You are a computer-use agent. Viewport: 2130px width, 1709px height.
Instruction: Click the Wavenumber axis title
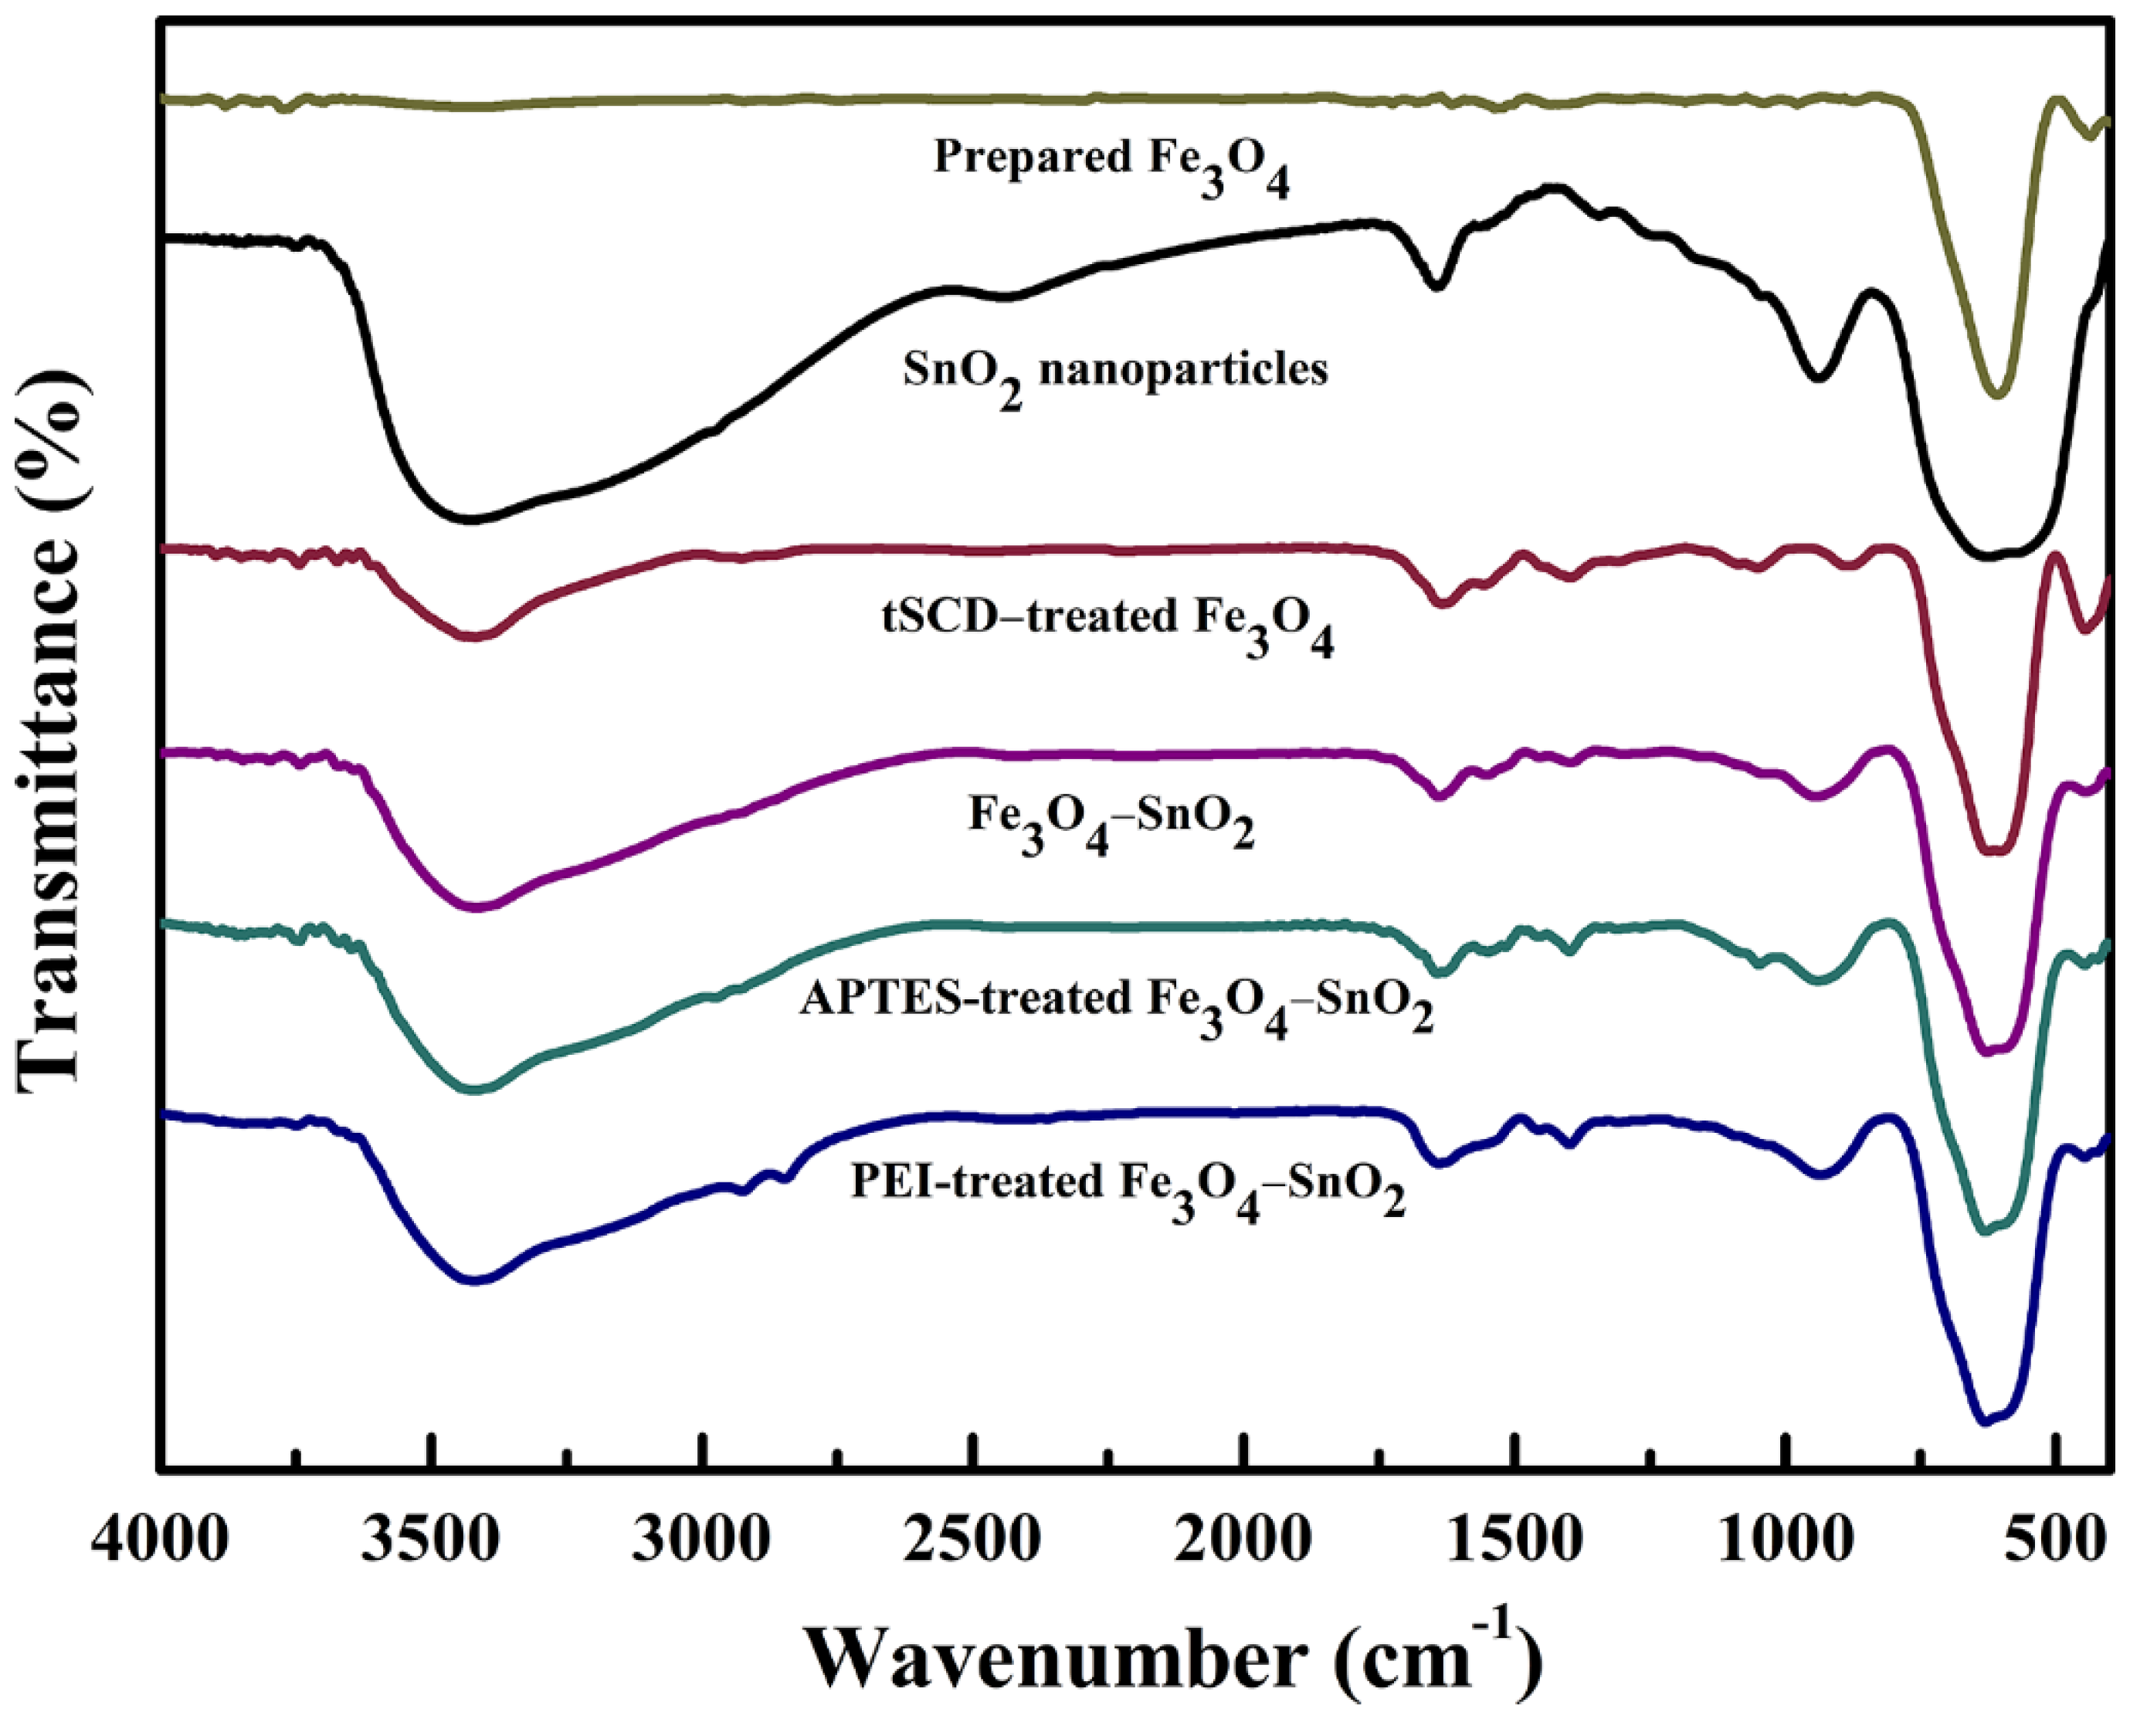pyautogui.click(x=1171, y=1655)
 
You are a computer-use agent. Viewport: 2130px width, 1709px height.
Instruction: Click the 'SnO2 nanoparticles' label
pyautogui.click(x=1115, y=374)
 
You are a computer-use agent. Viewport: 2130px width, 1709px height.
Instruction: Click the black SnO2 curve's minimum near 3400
pyautogui.click(x=472, y=519)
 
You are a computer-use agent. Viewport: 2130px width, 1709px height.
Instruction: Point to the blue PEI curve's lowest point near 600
pyautogui.click(x=1984, y=1422)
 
